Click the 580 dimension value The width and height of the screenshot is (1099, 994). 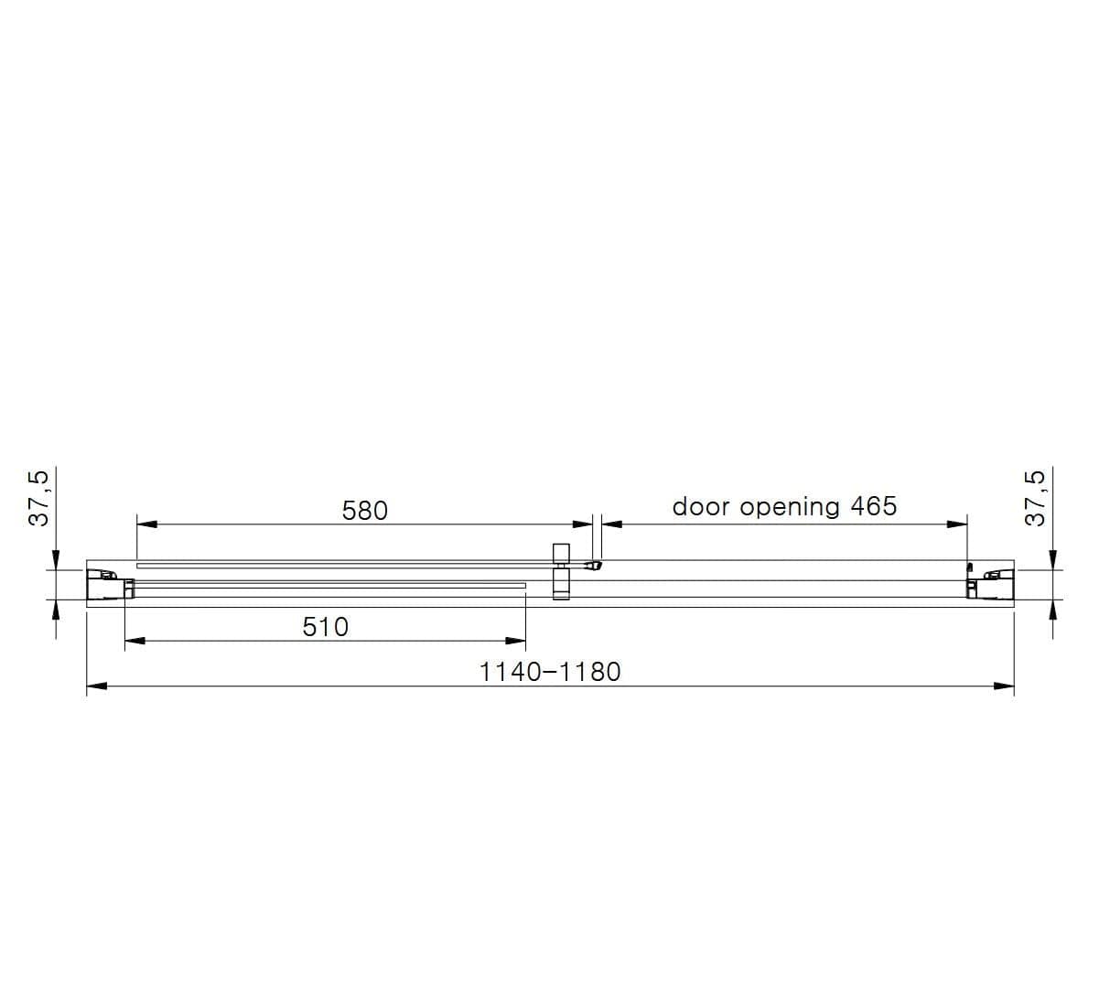pos(364,510)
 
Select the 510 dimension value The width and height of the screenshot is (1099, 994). pos(325,627)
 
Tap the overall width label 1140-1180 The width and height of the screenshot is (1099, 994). pos(549,672)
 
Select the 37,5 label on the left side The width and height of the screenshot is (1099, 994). pos(39,499)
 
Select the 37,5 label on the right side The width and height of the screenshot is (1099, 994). pos(1034,499)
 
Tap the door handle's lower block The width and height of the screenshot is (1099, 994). pos(561,586)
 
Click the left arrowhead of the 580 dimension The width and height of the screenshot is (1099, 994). pos(146,524)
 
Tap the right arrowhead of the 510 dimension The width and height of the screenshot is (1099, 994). pos(516,641)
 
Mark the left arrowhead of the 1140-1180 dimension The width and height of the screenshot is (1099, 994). pos(96,686)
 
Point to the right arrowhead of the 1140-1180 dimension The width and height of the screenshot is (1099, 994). pos(1004,686)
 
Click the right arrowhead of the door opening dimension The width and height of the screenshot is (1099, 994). pos(957,524)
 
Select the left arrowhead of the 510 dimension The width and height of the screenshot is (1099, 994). pos(135,641)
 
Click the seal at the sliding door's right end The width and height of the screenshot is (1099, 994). pos(594,566)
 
